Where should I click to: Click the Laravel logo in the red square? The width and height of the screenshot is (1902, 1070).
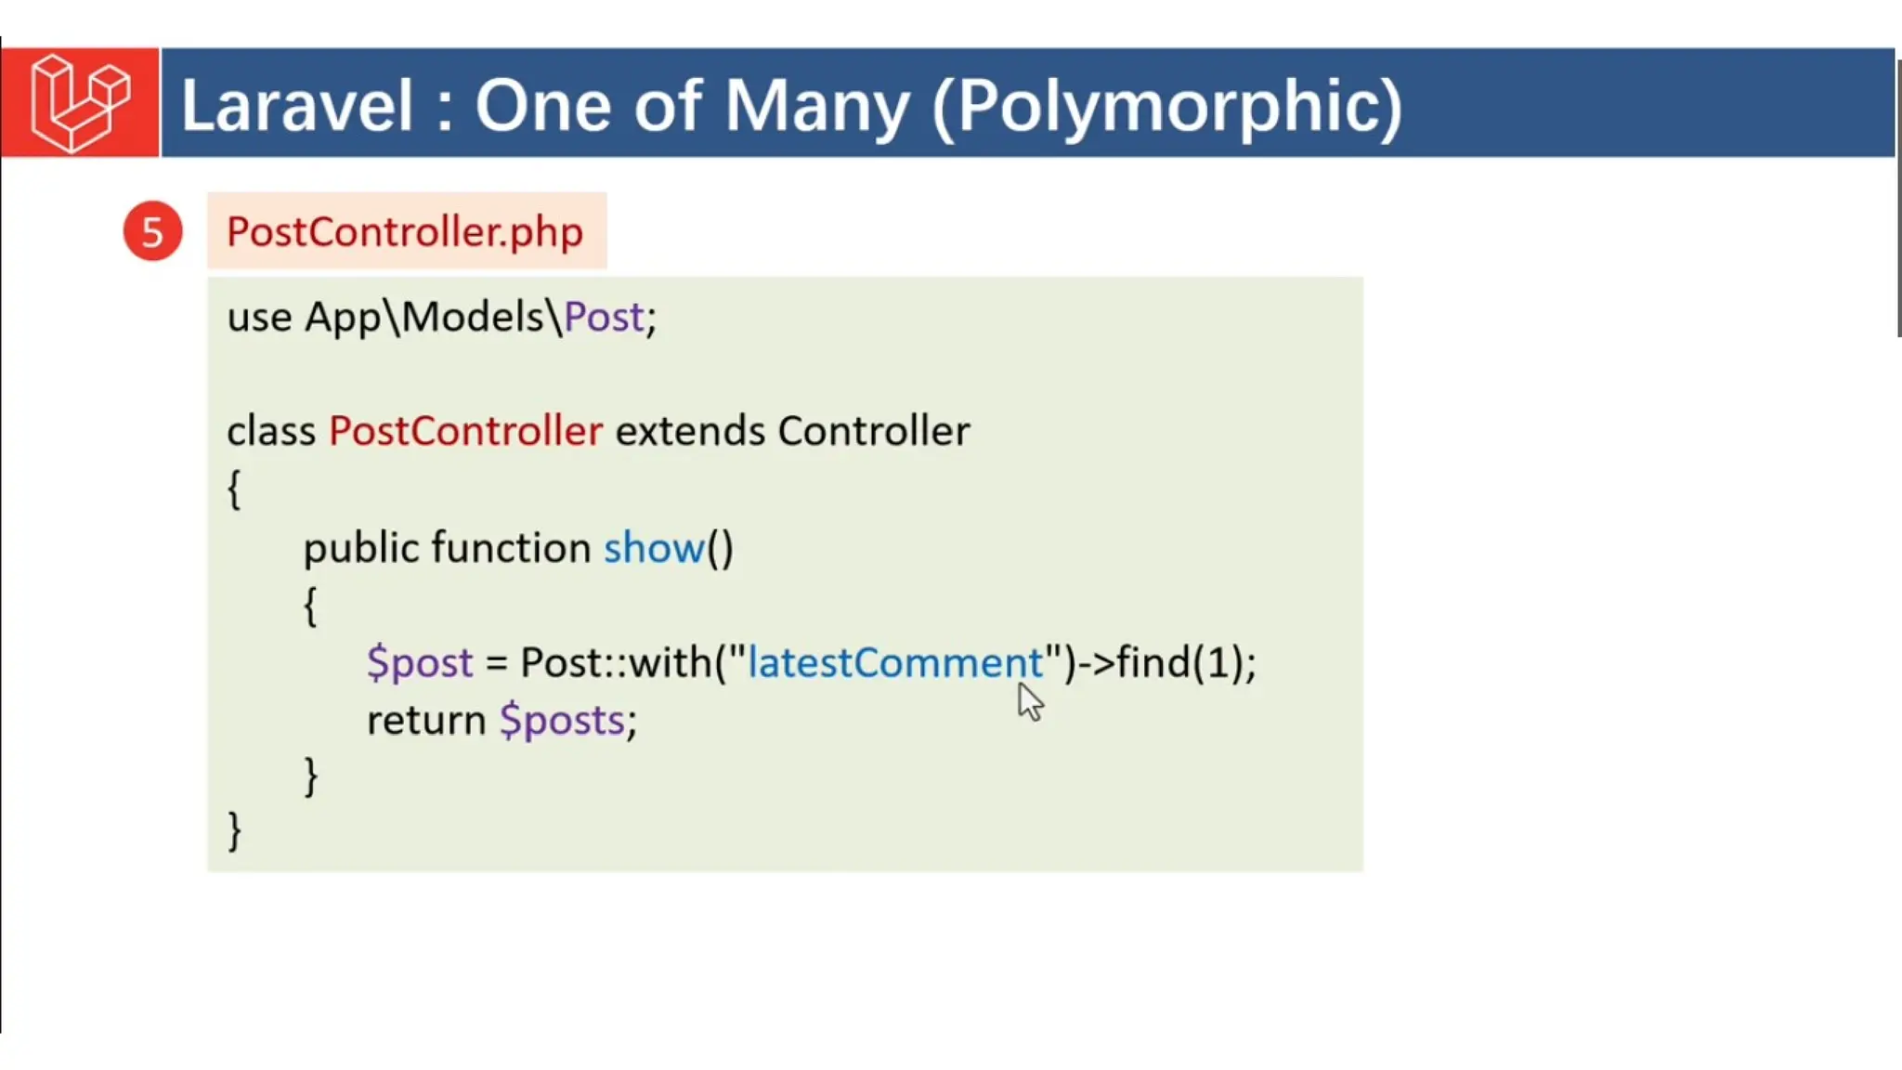[80, 102]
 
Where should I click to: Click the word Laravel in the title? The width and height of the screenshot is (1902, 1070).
[296, 105]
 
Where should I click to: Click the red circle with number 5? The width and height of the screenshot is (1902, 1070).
[152, 231]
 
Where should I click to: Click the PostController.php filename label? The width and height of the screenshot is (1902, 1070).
[405, 231]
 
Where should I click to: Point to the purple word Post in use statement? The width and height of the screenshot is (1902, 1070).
[604, 318]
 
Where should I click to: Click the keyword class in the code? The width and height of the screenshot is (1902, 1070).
[270, 431]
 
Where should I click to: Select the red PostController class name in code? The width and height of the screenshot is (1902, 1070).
[465, 431]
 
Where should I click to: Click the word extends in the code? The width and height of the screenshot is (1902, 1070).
[689, 431]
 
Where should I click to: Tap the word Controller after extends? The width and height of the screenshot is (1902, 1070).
[873, 431]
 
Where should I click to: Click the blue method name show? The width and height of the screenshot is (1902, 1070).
[654, 548]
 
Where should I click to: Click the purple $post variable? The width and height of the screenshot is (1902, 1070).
[420, 662]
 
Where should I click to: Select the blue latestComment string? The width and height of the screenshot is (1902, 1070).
[895, 662]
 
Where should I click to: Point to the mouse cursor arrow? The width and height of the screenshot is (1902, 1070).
[1029, 701]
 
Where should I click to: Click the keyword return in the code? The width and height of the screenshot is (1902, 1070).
[426, 720]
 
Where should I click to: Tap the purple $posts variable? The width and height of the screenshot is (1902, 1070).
[562, 720]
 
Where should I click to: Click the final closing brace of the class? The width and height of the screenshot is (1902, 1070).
[234, 829]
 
